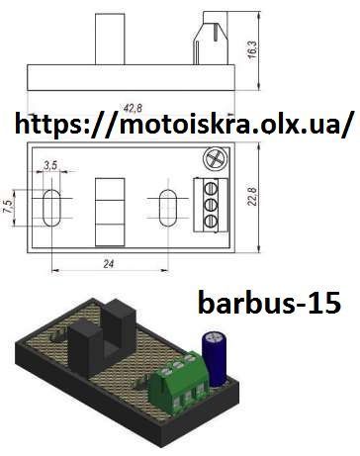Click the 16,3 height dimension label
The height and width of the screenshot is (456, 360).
pyautogui.click(x=253, y=49)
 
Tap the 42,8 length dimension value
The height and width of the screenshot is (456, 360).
pyautogui.click(x=133, y=108)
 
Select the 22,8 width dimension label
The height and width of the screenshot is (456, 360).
pyautogui.click(x=252, y=197)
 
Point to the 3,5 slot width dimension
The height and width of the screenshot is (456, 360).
pyautogui.click(x=50, y=165)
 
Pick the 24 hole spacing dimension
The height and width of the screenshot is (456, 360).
pyautogui.click(x=109, y=264)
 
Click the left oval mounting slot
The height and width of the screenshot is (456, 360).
pyautogui.click(x=51, y=208)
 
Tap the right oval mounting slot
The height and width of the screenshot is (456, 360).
pyautogui.click(x=168, y=208)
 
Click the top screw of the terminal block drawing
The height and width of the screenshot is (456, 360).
pyautogui.click(x=211, y=189)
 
